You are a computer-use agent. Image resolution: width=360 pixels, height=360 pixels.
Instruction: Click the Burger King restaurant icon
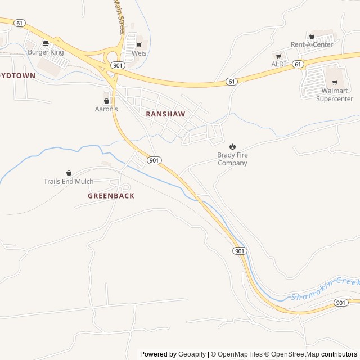coord(46,43)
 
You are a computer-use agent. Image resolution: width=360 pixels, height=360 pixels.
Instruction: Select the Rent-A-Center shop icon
coord(312,37)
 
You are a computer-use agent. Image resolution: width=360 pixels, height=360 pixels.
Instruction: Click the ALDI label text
coord(278,64)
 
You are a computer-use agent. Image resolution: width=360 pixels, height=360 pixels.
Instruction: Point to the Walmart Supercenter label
coord(334,94)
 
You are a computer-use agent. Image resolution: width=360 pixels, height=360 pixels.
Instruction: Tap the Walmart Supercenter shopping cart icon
coord(334,83)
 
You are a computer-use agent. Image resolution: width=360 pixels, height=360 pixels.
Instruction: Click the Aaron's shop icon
coord(106,101)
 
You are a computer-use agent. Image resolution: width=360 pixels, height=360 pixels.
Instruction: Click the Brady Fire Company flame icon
coord(232,146)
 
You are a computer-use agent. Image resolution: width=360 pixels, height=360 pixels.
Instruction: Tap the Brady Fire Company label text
coord(232,159)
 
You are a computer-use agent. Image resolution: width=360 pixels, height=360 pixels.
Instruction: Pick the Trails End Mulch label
coord(69,182)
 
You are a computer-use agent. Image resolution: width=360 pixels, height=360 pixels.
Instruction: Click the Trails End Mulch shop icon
coord(69,173)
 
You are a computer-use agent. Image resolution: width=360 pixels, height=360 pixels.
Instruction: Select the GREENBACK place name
coord(111,196)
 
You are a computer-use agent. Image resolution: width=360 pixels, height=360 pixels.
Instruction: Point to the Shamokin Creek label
coord(325,289)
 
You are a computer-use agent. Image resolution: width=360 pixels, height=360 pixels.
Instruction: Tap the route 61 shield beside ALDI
coord(298,64)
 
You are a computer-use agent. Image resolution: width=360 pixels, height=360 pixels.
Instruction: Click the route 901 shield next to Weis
coord(118,65)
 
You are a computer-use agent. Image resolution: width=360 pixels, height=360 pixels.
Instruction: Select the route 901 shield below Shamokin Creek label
coord(340,303)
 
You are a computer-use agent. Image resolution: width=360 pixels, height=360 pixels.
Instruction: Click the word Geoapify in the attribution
coord(192,354)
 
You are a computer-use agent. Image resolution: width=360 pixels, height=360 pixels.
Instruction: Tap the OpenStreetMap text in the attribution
coord(291,354)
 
